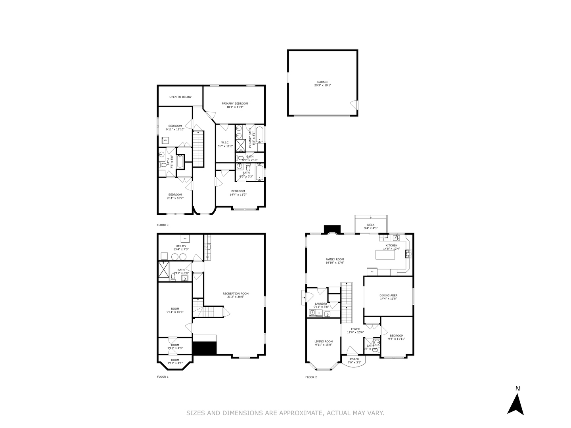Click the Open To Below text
180,97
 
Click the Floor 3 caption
163,225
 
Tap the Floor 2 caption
311,377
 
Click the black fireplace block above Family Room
332,229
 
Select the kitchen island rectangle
385,255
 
